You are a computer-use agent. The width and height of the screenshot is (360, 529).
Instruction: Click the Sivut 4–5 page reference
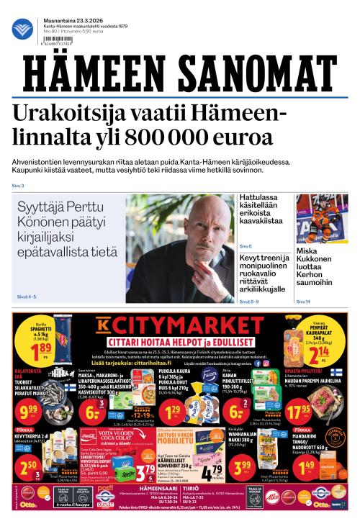click(26, 297)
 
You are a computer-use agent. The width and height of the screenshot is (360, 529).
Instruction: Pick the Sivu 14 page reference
click(303, 302)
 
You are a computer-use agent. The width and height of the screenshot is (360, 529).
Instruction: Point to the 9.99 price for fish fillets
click(28, 411)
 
